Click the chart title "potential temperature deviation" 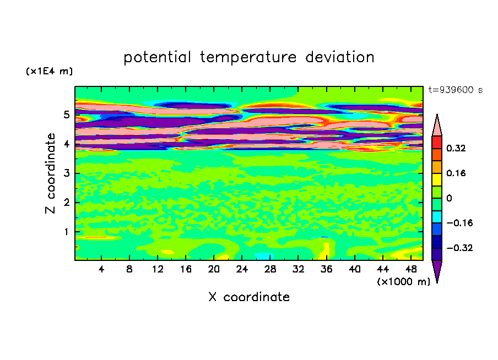[x=249, y=57]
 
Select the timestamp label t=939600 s [x=456, y=90]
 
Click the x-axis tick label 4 [x=101, y=270]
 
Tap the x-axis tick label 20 [x=214, y=270]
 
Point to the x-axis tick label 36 [x=326, y=270]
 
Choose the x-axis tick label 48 [x=410, y=270]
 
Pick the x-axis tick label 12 [x=158, y=270]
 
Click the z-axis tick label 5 [x=66, y=114]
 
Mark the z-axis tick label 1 [x=66, y=232]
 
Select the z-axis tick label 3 [x=66, y=173]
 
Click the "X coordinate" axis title [x=249, y=297]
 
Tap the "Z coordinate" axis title [x=50, y=173]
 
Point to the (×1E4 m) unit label [x=49, y=71]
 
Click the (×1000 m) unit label [x=403, y=282]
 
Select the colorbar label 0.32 [x=456, y=148]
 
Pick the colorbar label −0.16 [x=459, y=223]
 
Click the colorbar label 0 [x=449, y=198]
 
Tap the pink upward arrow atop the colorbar [x=437, y=126]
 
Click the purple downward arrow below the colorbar [x=437, y=271]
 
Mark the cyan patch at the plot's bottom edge [x=264, y=256]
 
